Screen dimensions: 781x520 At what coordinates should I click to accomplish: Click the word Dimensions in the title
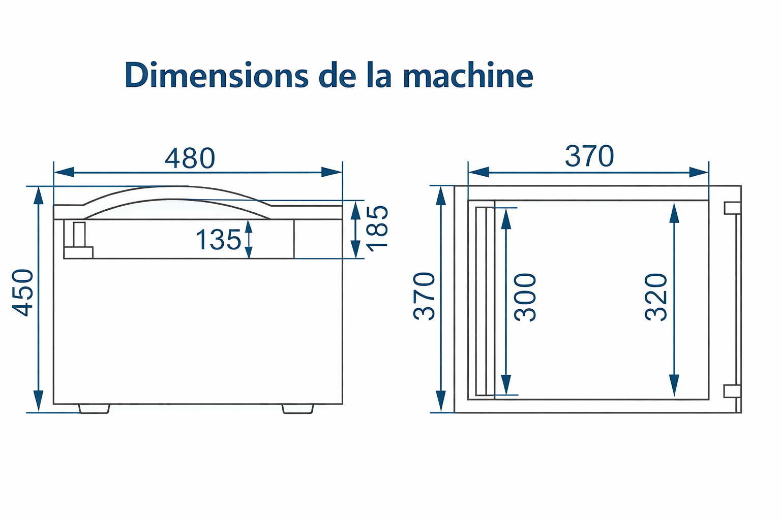click(x=217, y=75)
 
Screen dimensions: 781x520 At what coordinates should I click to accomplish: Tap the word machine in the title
click(x=468, y=75)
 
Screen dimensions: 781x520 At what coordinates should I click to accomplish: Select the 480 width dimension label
click(x=190, y=158)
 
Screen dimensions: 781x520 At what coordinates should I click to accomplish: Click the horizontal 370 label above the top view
click(x=589, y=156)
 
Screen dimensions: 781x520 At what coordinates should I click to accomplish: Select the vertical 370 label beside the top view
click(x=424, y=297)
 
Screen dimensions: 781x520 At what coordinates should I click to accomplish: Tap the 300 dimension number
click(x=525, y=297)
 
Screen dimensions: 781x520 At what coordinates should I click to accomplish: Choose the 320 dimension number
click(x=656, y=297)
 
